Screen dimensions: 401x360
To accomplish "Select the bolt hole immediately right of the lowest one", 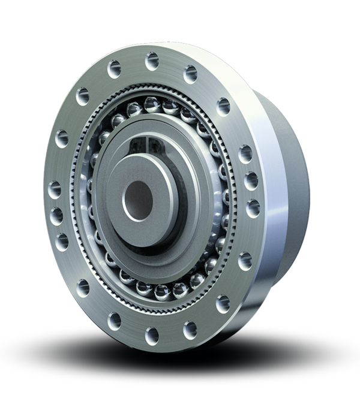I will coord(191,327).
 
